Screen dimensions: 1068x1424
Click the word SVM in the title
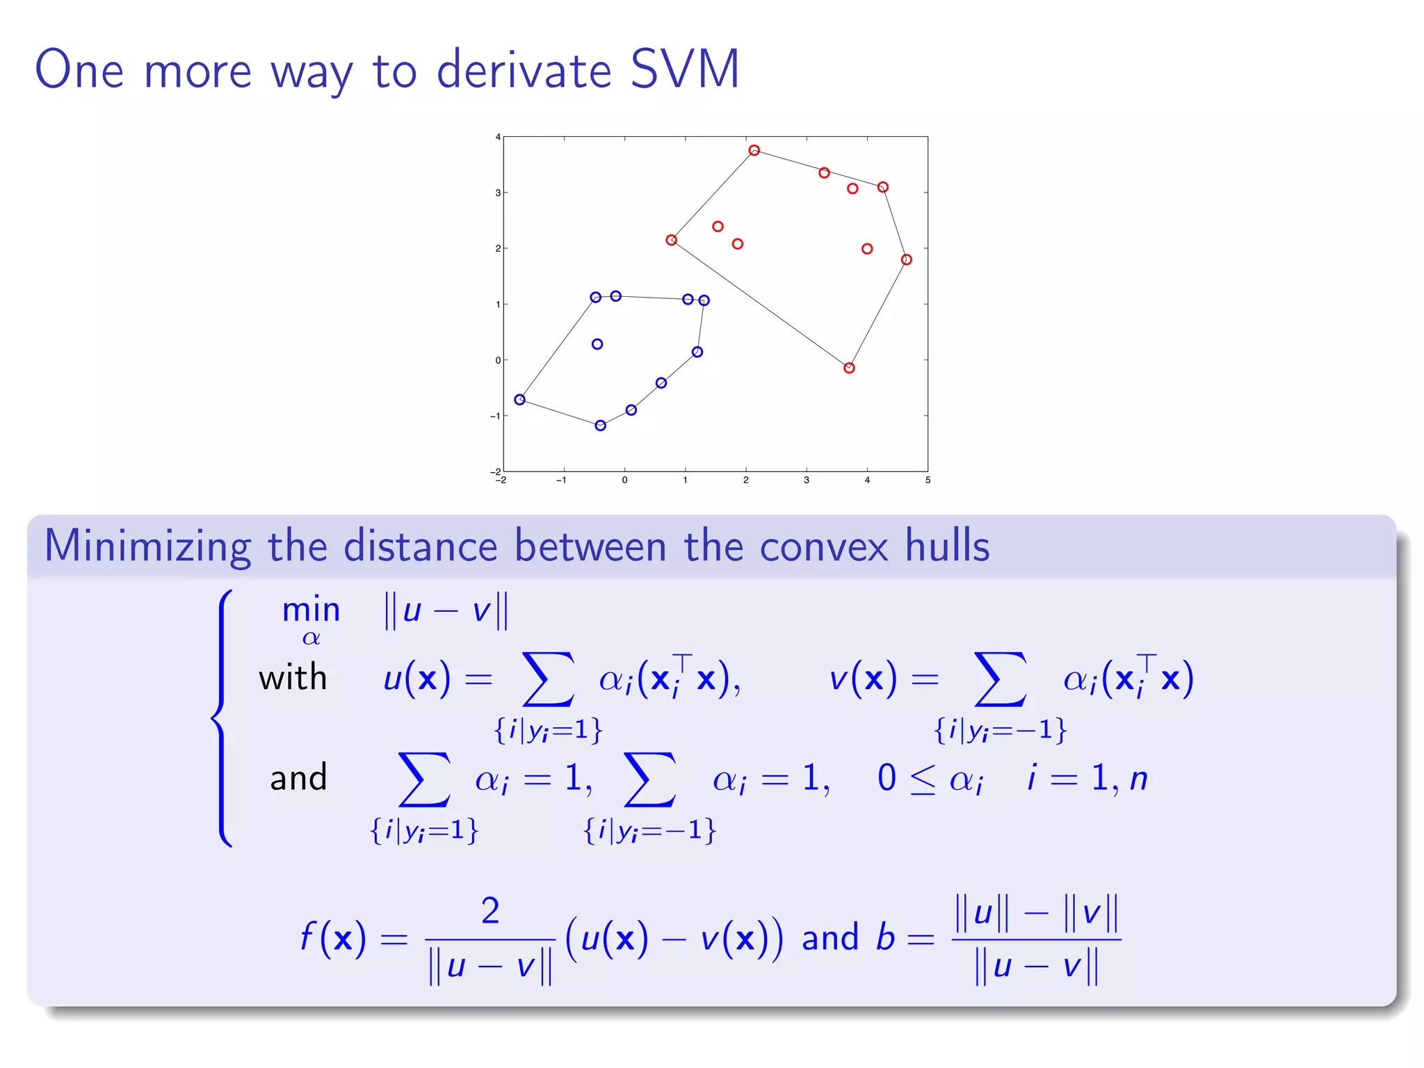point(684,70)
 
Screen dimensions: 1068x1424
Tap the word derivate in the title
point(524,70)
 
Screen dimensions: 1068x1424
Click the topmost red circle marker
point(754,150)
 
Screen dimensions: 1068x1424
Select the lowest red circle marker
point(849,368)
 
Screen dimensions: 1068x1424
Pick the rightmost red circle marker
point(906,259)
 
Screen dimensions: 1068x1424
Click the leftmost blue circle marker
point(519,399)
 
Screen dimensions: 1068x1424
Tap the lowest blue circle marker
point(600,426)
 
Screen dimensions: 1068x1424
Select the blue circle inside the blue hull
point(597,344)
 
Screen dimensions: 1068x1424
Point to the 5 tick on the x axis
point(928,480)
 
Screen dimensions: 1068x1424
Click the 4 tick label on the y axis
point(498,137)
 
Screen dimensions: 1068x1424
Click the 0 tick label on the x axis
point(624,480)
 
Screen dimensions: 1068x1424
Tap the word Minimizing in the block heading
point(147,546)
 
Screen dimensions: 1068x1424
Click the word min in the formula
point(311,610)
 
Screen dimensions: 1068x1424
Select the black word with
point(293,677)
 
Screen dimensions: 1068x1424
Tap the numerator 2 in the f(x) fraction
point(490,910)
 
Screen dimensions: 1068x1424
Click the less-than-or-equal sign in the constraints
point(923,780)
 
